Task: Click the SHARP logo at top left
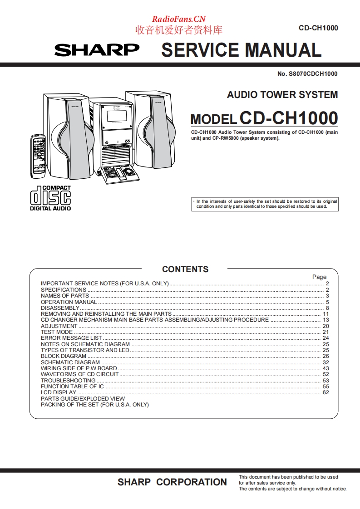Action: tap(97, 50)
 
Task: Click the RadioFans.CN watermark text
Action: tap(178, 19)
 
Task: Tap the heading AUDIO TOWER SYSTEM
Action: tap(282, 95)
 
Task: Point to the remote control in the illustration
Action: tap(39, 156)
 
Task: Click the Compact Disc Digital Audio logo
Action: tap(50, 198)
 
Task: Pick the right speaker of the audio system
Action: tap(150, 129)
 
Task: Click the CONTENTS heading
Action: tap(185, 269)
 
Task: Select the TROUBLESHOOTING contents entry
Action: tap(68, 381)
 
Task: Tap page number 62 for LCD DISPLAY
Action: tap(325, 392)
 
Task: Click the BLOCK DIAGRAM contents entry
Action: tap(64, 356)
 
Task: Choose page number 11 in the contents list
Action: tap(325, 314)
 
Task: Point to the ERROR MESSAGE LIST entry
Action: tap(71, 338)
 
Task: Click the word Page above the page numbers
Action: tap(319, 277)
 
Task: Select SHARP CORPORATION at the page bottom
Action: tap(172, 482)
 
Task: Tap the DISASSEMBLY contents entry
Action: tap(60, 308)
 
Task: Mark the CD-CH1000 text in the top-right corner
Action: tap(318, 28)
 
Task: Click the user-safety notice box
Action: tap(265, 204)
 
